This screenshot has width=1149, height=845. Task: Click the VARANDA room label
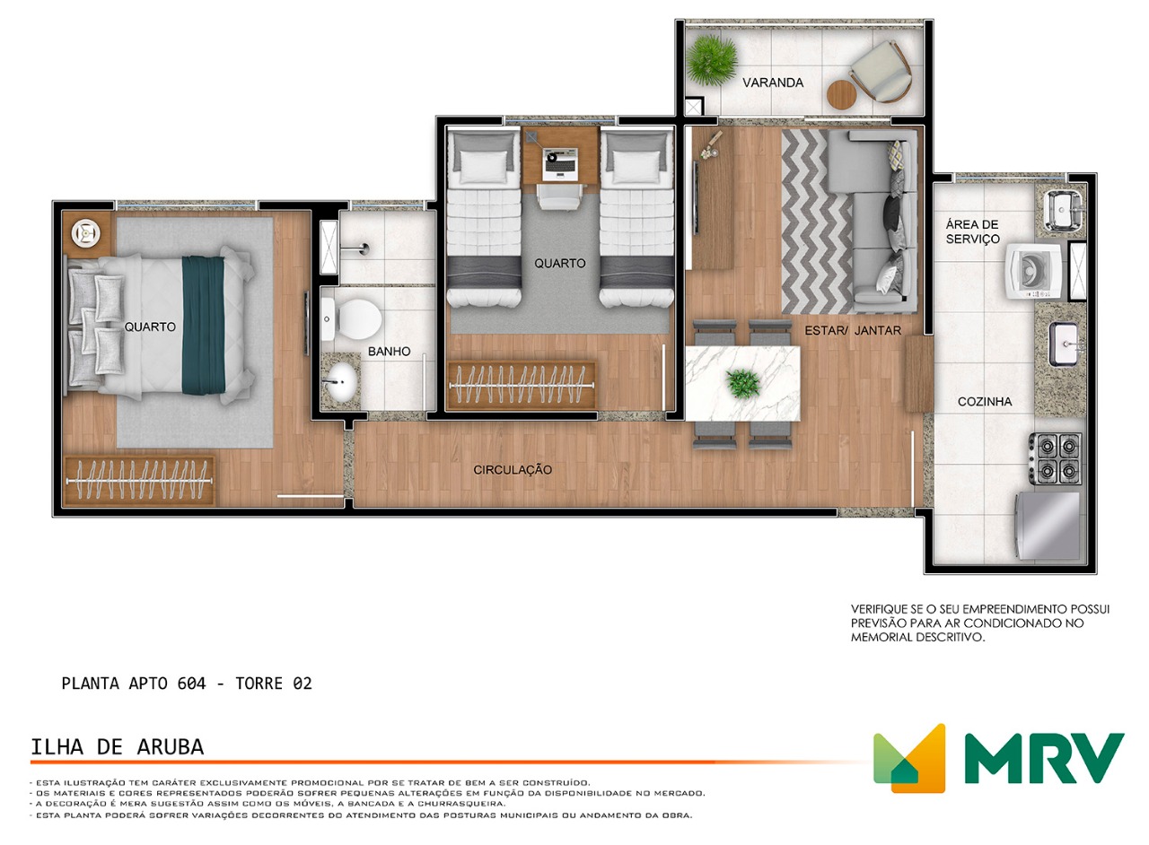773,83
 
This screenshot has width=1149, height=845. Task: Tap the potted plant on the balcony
712,59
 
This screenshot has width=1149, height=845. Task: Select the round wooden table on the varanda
841,94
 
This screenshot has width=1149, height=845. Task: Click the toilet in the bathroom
352,319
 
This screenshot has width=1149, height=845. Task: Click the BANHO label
389,352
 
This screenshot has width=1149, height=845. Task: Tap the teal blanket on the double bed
204,325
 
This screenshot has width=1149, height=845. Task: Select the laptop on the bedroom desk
560,163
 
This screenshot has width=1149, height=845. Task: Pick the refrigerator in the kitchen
1048,526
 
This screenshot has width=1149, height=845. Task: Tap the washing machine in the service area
1033,271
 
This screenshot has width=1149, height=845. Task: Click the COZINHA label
985,402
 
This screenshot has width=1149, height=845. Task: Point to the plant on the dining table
742,383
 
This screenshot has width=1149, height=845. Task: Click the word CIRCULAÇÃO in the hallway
513,470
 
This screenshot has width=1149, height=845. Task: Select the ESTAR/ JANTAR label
853,331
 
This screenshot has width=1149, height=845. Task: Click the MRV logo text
1045,758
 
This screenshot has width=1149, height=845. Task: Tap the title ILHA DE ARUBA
118,747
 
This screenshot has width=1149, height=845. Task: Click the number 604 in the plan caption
192,684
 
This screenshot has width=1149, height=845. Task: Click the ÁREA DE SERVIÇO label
972,231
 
